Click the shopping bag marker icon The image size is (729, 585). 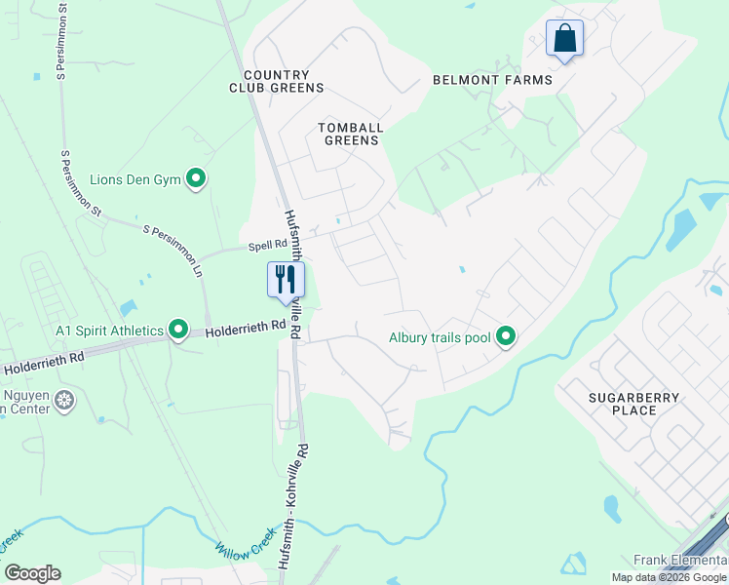point(564,39)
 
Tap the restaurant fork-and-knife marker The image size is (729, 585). point(286,280)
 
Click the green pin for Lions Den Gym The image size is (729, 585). point(196,178)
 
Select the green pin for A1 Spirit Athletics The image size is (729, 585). point(178,330)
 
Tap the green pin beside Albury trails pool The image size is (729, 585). point(505,337)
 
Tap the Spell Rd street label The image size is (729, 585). point(267,244)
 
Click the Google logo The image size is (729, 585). point(32,573)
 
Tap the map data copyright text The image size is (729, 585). point(669,577)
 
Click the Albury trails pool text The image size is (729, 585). point(439,338)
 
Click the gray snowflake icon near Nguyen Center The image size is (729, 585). point(65,400)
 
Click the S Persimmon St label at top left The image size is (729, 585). point(63,39)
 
